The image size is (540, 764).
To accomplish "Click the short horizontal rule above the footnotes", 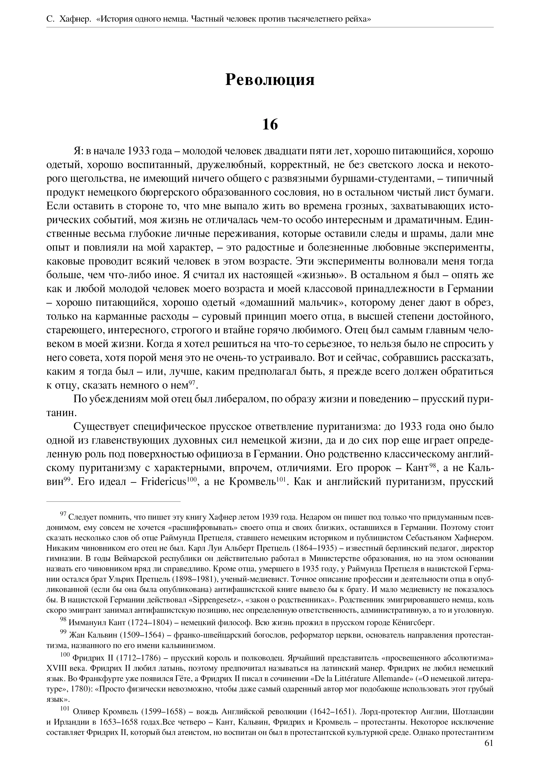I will point(113,501).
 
